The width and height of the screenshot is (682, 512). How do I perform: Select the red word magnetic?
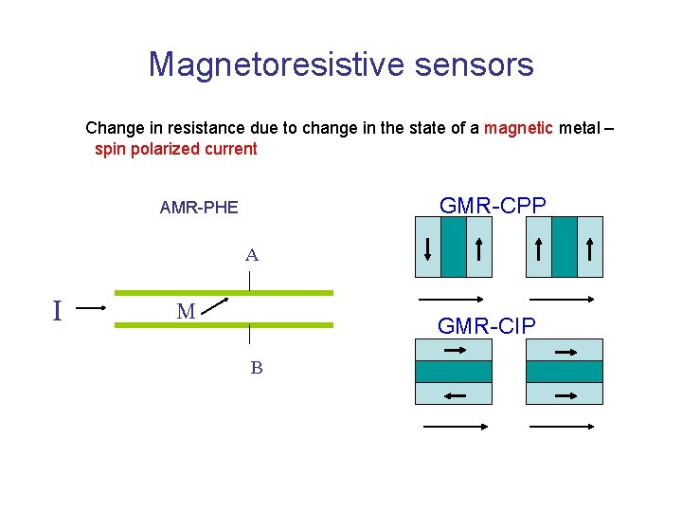(x=519, y=127)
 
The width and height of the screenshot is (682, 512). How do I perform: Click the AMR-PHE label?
(x=199, y=207)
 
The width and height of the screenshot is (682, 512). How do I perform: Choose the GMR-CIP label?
(x=486, y=326)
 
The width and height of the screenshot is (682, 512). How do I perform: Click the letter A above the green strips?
(x=251, y=255)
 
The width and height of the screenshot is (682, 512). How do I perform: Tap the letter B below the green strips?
(x=256, y=368)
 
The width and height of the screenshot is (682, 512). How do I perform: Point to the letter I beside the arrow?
(x=58, y=310)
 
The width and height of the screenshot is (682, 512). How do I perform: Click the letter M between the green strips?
(x=186, y=310)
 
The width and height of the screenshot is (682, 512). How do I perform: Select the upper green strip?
(x=224, y=293)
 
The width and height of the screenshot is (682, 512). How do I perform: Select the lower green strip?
(x=224, y=325)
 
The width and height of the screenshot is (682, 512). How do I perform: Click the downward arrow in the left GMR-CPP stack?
(x=428, y=248)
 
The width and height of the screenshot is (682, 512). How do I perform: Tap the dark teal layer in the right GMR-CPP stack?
(x=565, y=247)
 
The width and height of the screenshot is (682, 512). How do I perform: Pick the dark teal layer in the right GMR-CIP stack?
(x=565, y=372)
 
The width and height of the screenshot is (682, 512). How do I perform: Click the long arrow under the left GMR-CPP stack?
(x=454, y=299)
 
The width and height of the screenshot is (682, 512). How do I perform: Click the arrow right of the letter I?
(x=92, y=308)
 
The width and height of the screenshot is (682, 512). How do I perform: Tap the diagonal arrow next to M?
(x=215, y=303)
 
